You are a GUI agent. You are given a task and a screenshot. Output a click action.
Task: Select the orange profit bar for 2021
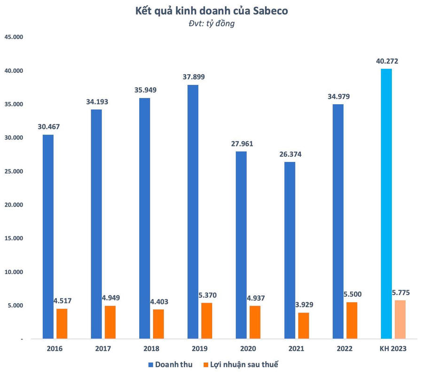303,325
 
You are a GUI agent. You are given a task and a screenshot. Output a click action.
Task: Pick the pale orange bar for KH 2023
400,319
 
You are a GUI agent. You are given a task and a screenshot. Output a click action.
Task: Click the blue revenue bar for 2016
48,237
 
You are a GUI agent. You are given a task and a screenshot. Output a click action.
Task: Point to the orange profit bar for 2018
158,324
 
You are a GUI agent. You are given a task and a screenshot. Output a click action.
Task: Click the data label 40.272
387,61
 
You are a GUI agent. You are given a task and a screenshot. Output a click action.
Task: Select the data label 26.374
290,154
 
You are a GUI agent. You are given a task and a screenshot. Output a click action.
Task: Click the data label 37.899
194,77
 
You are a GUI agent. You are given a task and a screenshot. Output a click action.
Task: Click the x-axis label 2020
248,349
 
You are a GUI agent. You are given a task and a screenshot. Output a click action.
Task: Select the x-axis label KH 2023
393,349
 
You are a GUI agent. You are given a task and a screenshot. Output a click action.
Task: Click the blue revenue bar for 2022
338,221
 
